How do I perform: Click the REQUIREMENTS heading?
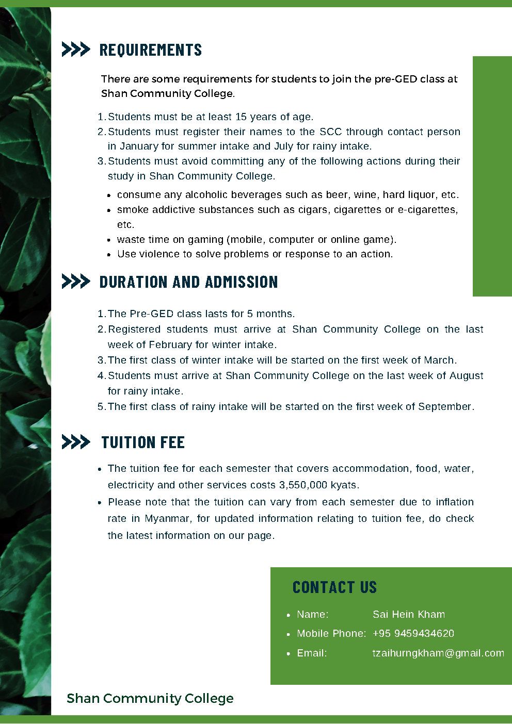click(x=150, y=50)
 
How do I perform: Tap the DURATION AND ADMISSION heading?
click(x=188, y=282)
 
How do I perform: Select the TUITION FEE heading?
click(x=143, y=442)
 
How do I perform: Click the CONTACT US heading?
click(x=334, y=587)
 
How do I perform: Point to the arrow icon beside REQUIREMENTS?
click(x=75, y=50)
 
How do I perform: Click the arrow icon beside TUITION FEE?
click(x=75, y=442)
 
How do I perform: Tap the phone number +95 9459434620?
click(x=413, y=633)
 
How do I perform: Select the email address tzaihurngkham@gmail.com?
click(x=438, y=653)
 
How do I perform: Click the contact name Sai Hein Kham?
click(x=408, y=614)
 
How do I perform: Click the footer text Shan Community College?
click(x=150, y=698)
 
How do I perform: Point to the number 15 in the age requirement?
click(x=241, y=117)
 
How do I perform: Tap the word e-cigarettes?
click(x=427, y=209)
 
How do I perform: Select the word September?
click(x=445, y=406)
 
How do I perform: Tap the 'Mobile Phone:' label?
click(x=331, y=633)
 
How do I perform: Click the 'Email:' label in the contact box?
click(x=312, y=653)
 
